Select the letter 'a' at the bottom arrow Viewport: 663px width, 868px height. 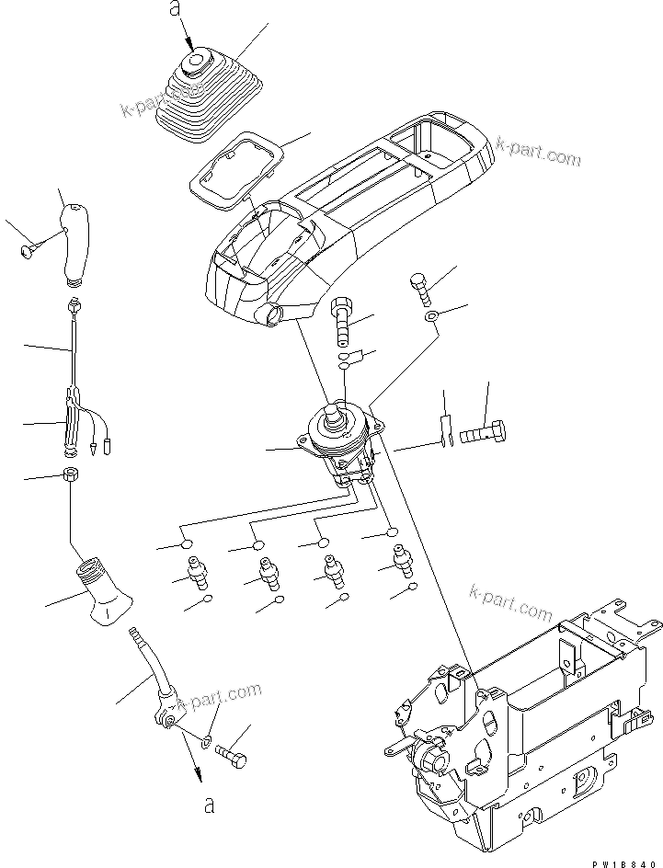[210, 806]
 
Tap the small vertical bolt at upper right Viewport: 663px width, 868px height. [421, 286]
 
